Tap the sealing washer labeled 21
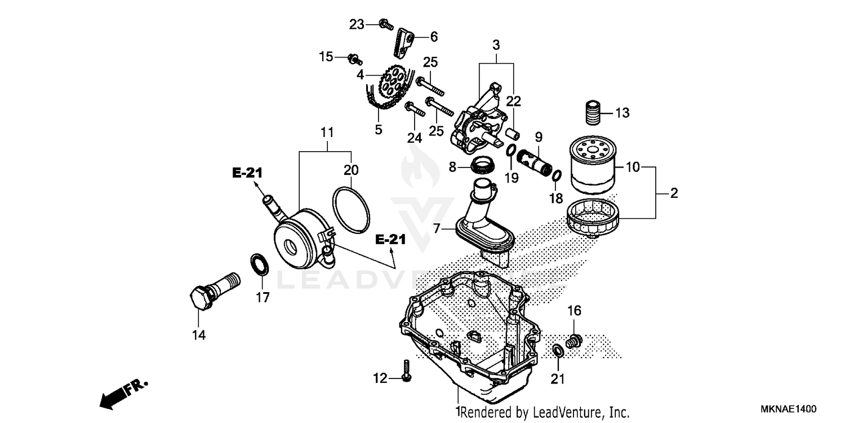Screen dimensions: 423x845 tap(557, 351)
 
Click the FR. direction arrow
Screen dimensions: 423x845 tap(123, 393)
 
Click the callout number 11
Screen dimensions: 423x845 tap(327, 133)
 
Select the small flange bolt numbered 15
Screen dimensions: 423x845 tap(355, 59)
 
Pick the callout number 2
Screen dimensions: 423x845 tap(674, 193)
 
